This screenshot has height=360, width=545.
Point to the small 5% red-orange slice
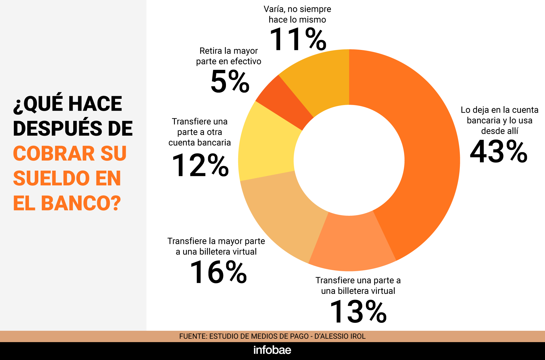click(x=284, y=102)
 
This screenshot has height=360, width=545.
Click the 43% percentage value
click(x=498, y=152)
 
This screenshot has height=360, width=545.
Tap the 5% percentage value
click(x=230, y=82)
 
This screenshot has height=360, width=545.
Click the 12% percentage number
click(x=200, y=166)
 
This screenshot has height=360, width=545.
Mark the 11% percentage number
click(x=297, y=39)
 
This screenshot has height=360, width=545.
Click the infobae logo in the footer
click(x=272, y=350)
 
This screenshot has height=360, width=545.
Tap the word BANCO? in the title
click(x=81, y=203)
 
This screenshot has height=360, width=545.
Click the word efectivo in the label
click(x=246, y=61)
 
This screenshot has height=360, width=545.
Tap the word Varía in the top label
click(x=274, y=9)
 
